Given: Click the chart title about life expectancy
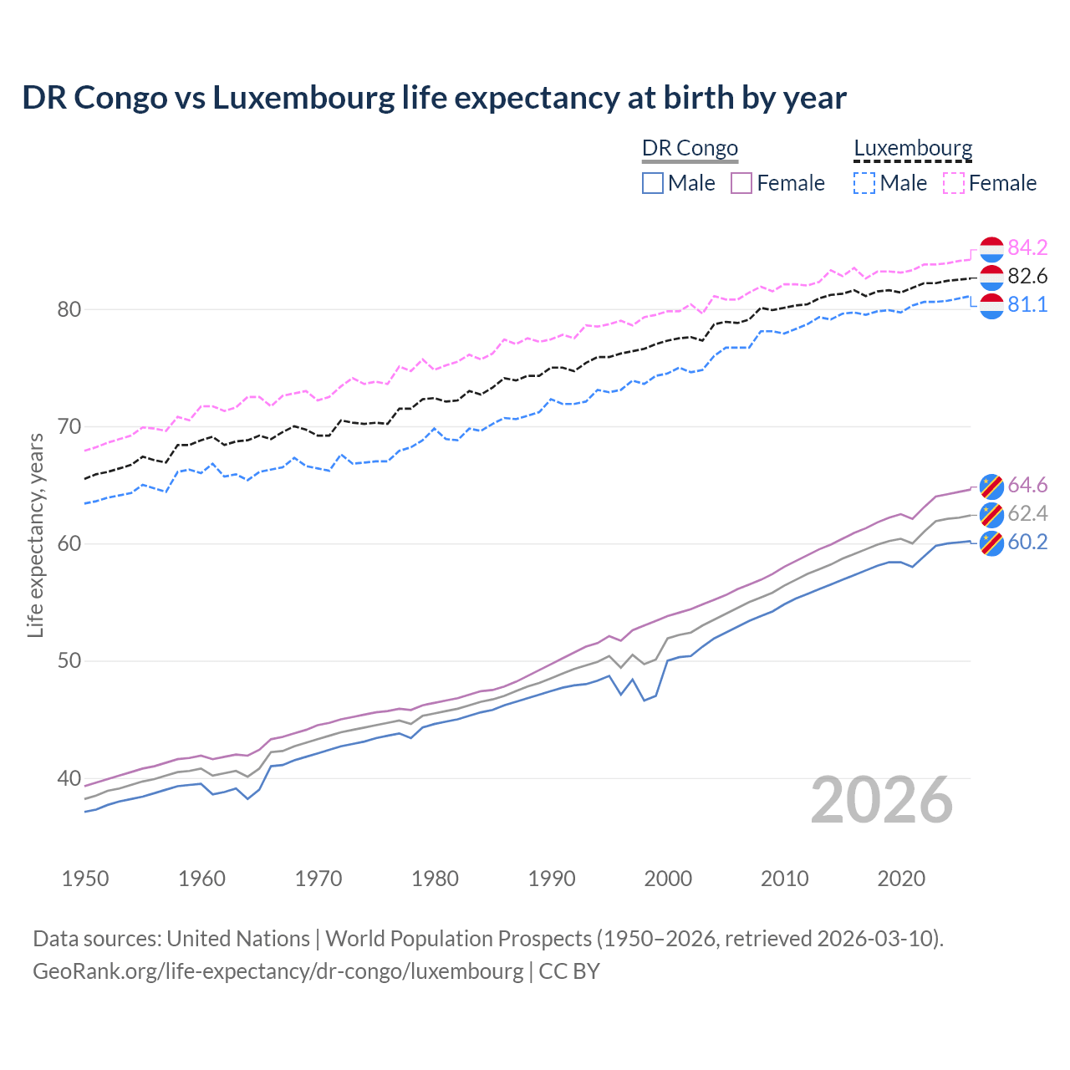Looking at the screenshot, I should [434, 98].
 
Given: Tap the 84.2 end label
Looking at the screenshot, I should [1027, 247].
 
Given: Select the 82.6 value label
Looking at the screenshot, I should [1027, 276].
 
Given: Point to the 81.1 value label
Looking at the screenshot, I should [1027, 304].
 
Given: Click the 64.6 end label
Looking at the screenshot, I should [1027, 485].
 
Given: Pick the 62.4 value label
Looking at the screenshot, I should [1027, 513].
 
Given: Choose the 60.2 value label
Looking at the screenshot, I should [1027, 542].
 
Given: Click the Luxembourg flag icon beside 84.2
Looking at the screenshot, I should [991, 248].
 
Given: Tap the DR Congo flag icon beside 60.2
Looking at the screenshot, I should [991, 543].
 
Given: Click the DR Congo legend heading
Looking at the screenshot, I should [690, 148].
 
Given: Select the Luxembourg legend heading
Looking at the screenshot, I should [913, 148].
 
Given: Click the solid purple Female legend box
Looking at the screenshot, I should [741, 183].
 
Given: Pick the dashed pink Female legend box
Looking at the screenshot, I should [954, 183].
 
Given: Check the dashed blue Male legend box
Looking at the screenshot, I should [864, 183].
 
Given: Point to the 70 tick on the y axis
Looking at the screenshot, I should [69, 426].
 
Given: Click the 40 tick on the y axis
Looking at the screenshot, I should [69, 778].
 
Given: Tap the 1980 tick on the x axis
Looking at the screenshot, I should [435, 879].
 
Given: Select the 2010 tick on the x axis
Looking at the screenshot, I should [784, 879].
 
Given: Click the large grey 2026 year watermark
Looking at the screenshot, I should [882, 800].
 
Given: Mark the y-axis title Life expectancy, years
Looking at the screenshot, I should [35, 535].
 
